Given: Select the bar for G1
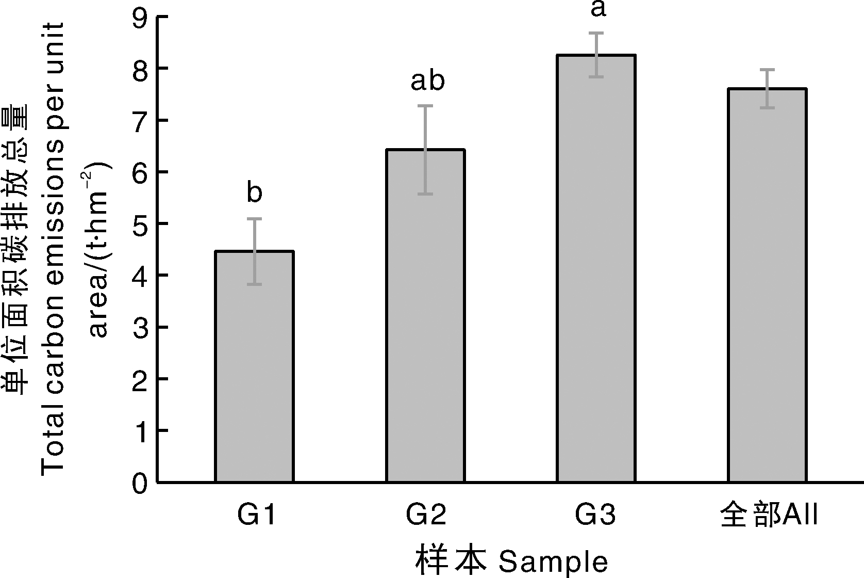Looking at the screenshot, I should (255, 366).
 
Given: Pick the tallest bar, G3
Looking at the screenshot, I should (596, 268).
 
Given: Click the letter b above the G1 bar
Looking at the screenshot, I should (255, 193).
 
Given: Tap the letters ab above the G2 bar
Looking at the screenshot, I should (427, 81).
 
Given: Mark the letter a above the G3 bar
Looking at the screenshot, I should (597, 9).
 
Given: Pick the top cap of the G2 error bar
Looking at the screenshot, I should (426, 106).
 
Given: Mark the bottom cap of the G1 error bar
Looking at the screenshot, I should (255, 284).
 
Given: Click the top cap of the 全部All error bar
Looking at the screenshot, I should (767, 70).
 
